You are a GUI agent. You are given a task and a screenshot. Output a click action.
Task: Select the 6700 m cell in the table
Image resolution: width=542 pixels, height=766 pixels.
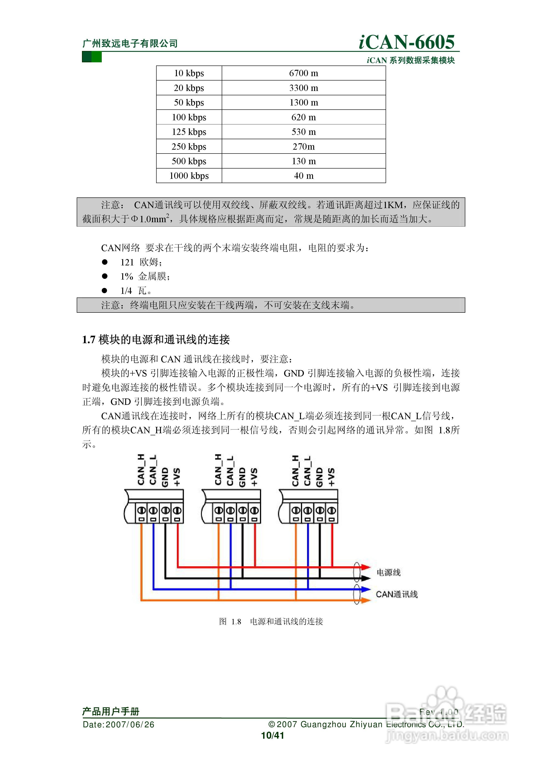tap(304, 73)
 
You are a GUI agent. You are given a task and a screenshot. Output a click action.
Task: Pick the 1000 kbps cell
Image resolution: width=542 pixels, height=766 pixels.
tap(189, 176)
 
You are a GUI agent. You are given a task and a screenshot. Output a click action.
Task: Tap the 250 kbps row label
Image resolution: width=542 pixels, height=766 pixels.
tap(189, 146)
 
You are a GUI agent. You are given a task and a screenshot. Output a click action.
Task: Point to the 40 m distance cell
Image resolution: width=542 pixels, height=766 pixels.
tap(304, 176)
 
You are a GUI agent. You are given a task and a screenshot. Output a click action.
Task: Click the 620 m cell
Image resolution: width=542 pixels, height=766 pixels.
tap(304, 117)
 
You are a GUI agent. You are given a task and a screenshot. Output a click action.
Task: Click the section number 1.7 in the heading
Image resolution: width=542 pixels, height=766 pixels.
tap(89, 340)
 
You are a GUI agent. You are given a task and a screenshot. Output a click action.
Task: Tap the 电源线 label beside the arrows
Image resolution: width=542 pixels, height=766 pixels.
tap(388, 572)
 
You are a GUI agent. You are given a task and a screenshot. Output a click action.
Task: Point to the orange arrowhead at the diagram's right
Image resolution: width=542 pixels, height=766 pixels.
tap(366, 600)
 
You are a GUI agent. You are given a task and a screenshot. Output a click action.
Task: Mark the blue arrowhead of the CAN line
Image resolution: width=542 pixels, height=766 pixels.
tap(366, 589)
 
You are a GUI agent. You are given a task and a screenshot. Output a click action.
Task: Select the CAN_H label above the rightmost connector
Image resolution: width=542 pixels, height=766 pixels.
tap(295, 470)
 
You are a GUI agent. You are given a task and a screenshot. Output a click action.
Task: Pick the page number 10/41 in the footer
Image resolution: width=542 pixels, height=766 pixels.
tap(272, 735)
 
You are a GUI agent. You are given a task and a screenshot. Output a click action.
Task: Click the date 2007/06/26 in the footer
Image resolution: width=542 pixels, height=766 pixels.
tap(130, 724)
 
